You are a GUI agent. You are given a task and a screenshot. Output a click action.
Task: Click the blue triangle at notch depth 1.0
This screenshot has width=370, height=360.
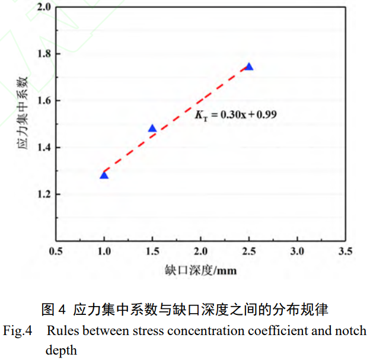(104, 175)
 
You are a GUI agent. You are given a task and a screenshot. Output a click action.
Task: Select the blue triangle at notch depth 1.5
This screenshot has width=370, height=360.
(152, 129)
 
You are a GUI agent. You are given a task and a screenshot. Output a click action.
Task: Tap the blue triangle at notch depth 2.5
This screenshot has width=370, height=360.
(249, 66)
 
